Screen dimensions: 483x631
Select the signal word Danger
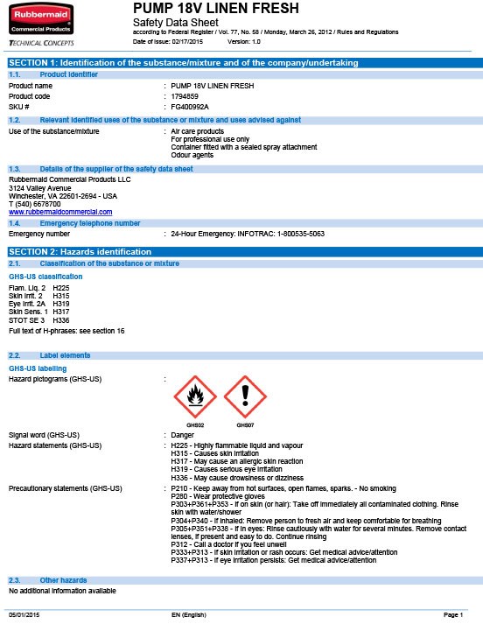coord(182,434)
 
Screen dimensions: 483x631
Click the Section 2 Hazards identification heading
coord(80,252)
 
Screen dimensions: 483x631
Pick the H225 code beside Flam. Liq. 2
coord(61,287)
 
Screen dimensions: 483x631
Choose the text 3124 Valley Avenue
coord(40,188)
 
